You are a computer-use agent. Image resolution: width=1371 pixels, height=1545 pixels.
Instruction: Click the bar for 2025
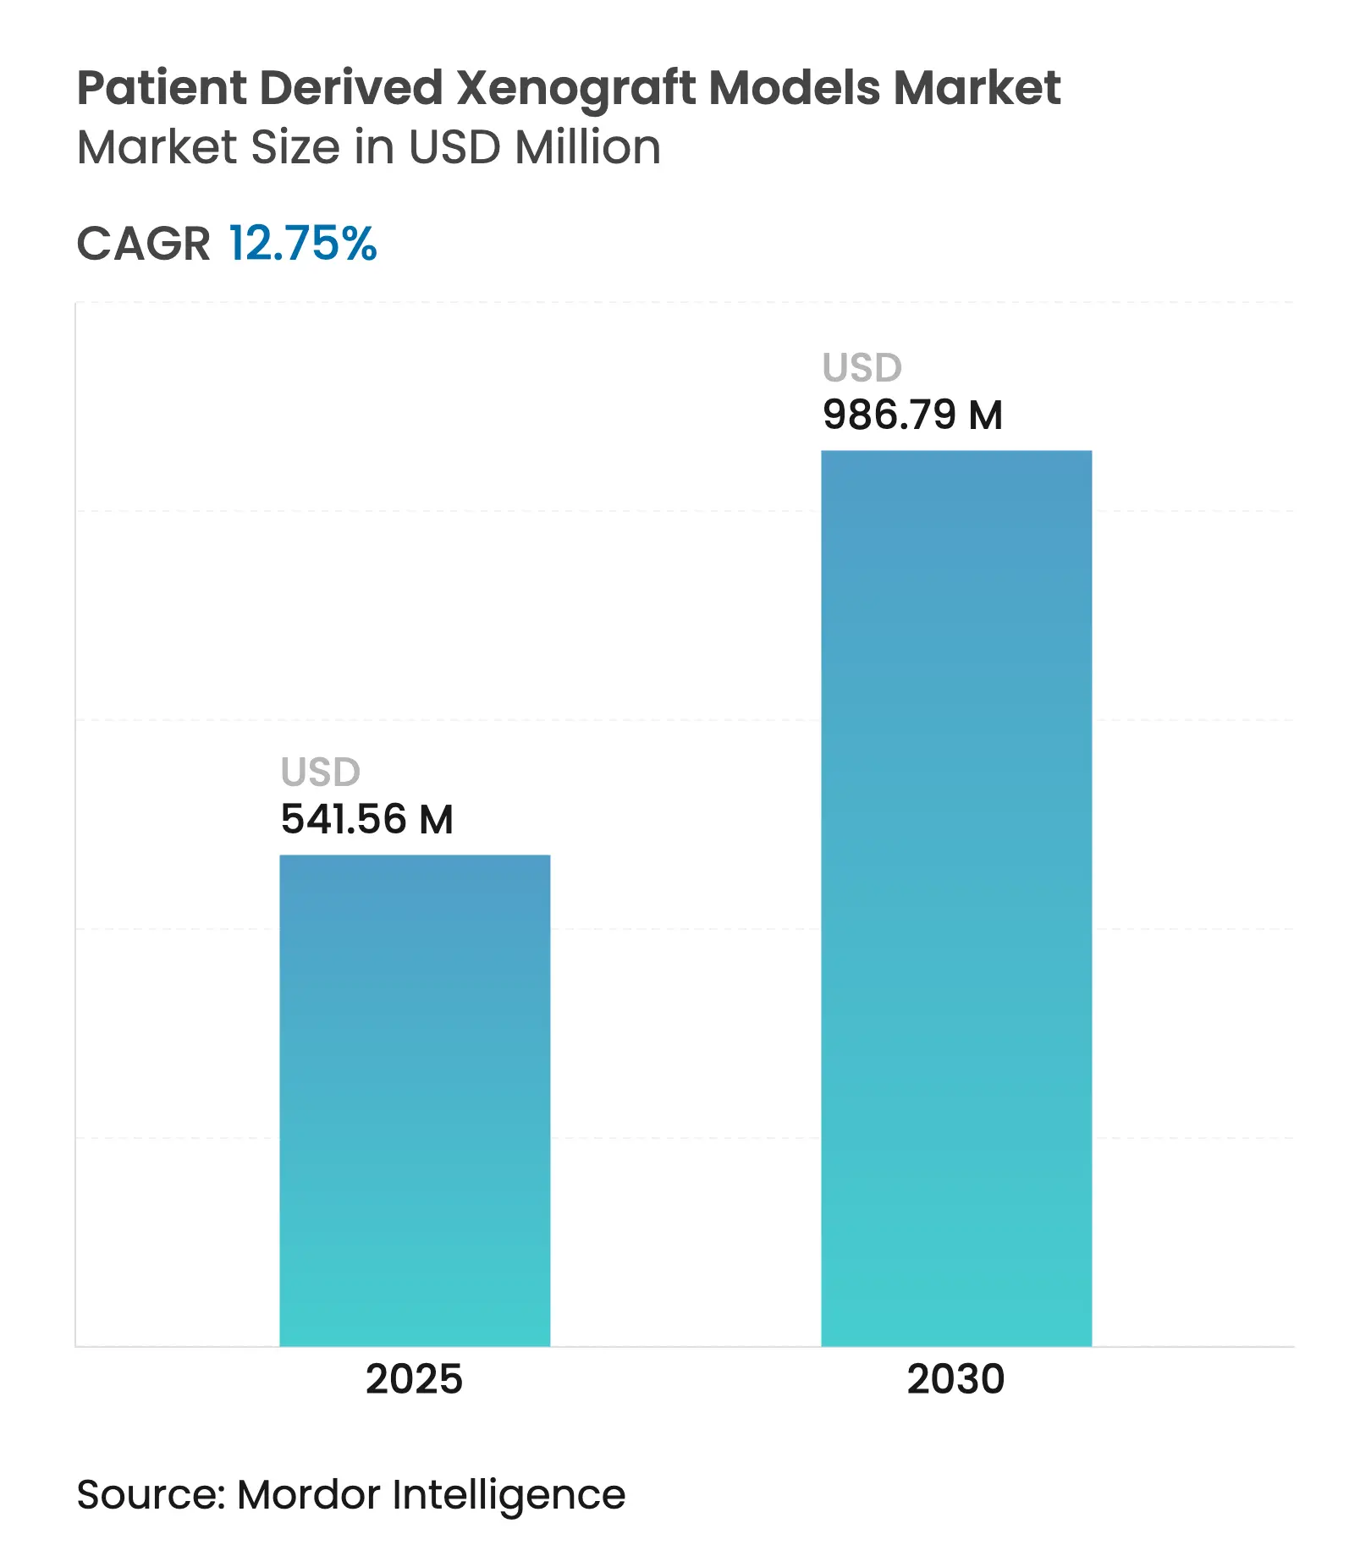(415, 1100)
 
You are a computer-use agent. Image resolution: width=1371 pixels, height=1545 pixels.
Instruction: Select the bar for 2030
(956, 897)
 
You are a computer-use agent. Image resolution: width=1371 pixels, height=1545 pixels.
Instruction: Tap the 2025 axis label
(414, 1380)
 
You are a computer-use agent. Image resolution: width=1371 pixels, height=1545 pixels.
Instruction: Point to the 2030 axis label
(955, 1380)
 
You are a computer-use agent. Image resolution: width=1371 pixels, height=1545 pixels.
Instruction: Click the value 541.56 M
(366, 819)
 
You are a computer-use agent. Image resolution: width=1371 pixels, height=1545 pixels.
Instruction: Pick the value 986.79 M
(912, 415)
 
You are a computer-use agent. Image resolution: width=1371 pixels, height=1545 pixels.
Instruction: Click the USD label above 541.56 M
(320, 772)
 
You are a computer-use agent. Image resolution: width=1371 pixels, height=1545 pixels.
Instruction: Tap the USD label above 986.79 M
(862, 368)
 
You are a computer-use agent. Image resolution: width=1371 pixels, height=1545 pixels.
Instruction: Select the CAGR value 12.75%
(302, 244)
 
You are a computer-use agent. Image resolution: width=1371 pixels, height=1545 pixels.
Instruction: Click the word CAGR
(143, 244)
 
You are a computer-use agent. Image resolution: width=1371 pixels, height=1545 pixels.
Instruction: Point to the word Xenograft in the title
(576, 88)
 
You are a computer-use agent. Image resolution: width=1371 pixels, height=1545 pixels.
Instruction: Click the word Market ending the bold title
(977, 88)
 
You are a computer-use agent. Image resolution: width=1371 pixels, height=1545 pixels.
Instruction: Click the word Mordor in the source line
(309, 1494)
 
